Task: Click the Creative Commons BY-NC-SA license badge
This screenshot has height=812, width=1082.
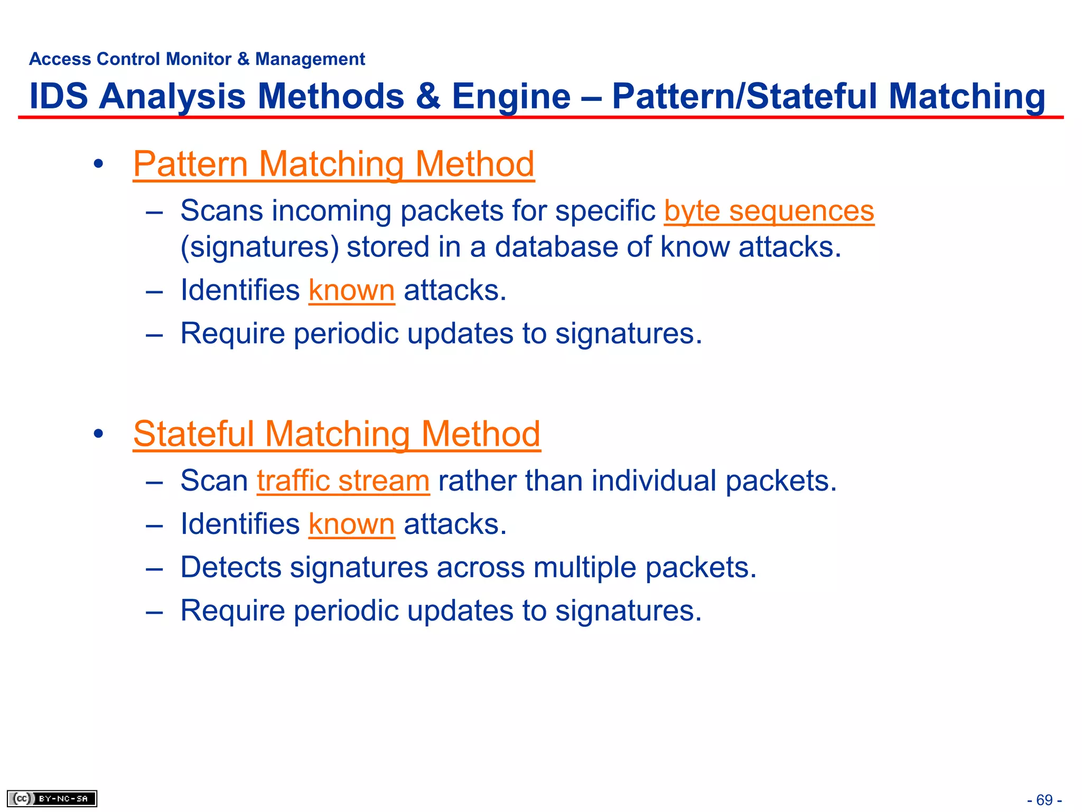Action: [52, 798]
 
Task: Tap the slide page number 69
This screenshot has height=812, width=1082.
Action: [1044, 800]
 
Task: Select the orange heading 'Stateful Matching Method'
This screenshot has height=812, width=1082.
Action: [337, 434]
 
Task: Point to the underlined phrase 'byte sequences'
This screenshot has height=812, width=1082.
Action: [769, 211]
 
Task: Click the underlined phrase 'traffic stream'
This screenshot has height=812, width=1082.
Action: [343, 481]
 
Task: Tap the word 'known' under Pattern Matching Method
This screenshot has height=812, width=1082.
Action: [351, 290]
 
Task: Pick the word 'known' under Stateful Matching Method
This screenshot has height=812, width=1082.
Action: [351, 524]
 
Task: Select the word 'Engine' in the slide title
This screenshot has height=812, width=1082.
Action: [511, 96]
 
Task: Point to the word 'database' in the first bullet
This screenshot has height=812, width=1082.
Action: [556, 247]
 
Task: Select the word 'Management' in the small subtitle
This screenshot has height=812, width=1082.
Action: [310, 59]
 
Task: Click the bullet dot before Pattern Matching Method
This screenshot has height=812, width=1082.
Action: [98, 164]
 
